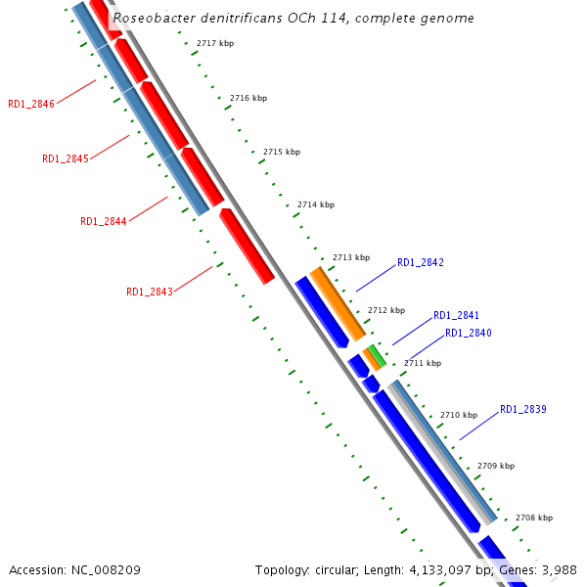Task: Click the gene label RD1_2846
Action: tap(31, 104)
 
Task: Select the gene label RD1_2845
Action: tap(66, 158)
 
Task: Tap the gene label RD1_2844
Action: tap(104, 221)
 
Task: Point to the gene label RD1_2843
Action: tap(150, 292)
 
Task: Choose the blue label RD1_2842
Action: tap(421, 262)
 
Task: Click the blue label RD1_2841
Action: tap(457, 315)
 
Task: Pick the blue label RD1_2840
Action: tap(469, 333)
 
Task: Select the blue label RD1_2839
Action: tap(523, 409)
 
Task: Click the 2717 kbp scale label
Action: tap(215, 44)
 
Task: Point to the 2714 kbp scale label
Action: tap(316, 204)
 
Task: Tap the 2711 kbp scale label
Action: tap(423, 363)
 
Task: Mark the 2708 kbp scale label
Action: tap(534, 518)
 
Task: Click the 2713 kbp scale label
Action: tap(351, 257)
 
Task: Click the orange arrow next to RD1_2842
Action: tap(338, 303)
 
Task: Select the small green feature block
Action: tap(376, 355)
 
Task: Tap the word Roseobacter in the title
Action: tap(152, 19)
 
